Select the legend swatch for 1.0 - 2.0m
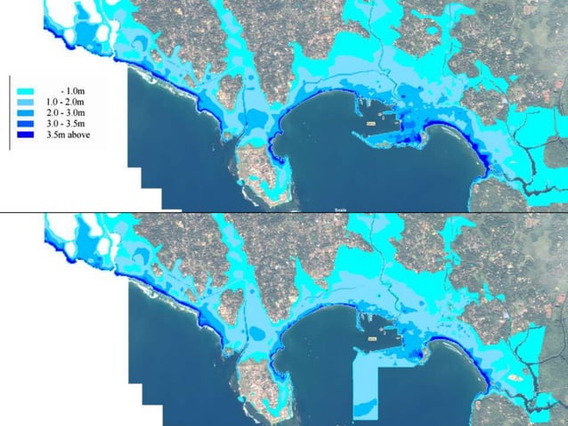pos(24,103)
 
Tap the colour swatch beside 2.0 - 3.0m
pos(24,114)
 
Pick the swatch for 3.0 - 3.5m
pos(24,125)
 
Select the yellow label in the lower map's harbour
pos(371,339)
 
